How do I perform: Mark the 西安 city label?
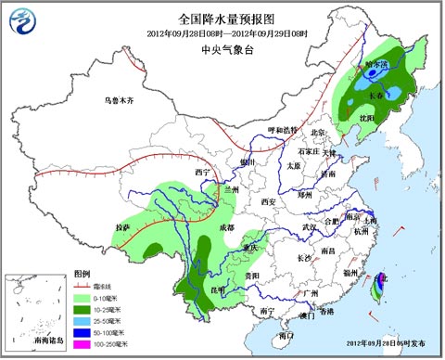269,200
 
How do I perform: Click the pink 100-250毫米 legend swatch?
81,343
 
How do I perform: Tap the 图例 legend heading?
82,275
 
